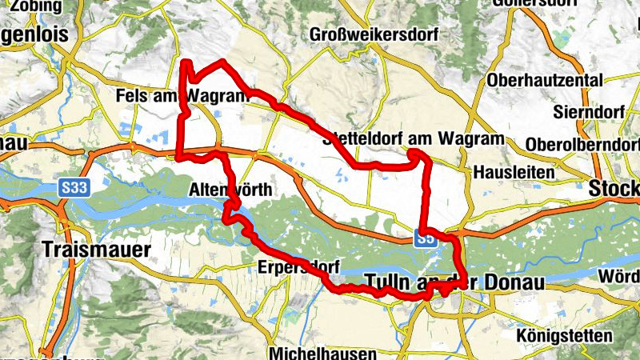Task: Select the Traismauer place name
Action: point(97,249)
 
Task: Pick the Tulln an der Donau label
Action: point(454,282)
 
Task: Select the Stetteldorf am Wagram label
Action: point(414,139)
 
